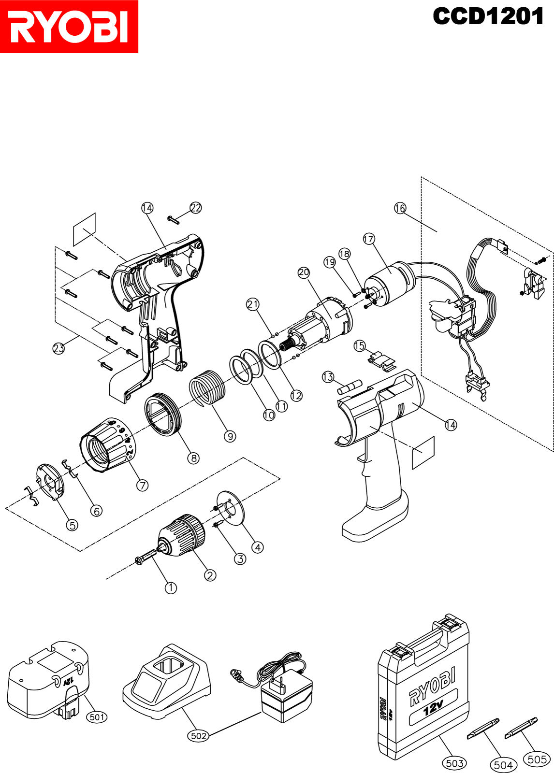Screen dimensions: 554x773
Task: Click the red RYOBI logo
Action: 69,27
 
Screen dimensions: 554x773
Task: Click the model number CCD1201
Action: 488,16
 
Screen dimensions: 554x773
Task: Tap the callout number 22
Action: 195,208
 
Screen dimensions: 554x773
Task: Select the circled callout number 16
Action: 400,208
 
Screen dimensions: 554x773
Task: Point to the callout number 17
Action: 369,239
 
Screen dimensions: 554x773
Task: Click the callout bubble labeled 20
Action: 304,272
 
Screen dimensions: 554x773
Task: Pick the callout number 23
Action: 58,348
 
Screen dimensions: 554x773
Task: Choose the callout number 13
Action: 328,377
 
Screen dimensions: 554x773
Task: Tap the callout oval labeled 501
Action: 97,717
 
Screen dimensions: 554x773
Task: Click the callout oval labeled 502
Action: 199,736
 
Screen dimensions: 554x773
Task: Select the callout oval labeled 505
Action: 537,759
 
